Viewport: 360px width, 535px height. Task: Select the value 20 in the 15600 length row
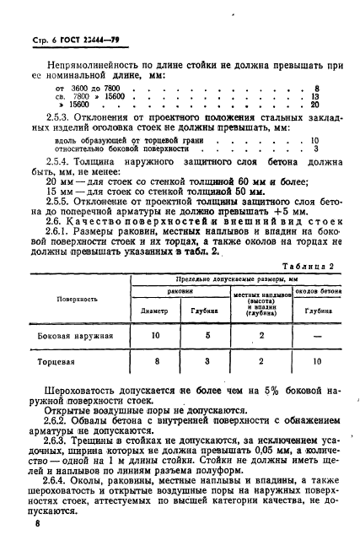coord(314,105)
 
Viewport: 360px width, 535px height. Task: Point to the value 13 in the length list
coord(314,96)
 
